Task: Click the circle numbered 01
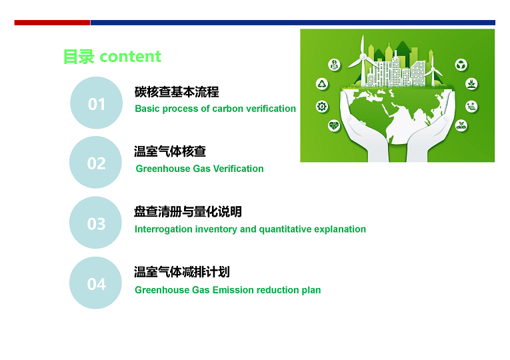tap(96, 103)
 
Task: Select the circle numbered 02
tap(95, 162)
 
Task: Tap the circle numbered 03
tap(95, 223)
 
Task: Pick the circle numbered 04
tap(95, 283)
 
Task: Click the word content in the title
tap(130, 57)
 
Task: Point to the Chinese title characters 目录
tap(79, 57)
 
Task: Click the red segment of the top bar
tap(52, 23)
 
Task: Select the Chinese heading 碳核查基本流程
tap(177, 92)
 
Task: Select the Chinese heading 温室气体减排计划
tap(182, 272)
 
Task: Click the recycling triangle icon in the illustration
tap(322, 84)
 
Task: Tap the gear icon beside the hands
tap(322, 107)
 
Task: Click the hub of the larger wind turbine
tap(363, 57)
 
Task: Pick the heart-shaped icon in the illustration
tap(334, 125)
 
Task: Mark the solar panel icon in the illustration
tap(471, 107)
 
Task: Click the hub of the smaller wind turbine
tap(433, 68)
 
